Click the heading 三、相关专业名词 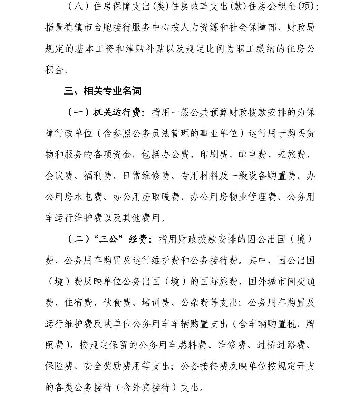103,91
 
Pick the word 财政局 301,28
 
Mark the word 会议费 59,176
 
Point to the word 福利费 98,176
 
